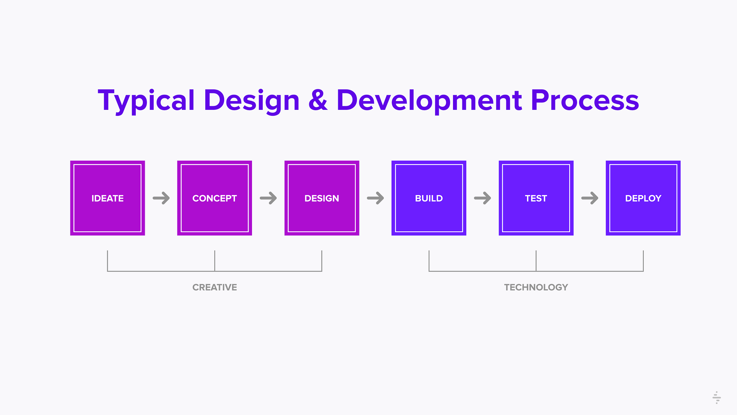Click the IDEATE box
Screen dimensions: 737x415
point(108,198)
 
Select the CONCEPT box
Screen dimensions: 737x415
point(215,198)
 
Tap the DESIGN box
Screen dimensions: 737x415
point(322,198)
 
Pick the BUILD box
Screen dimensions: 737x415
point(429,198)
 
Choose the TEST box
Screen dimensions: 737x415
point(536,198)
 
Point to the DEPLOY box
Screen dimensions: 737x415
point(643,198)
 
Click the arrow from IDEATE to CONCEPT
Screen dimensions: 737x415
point(161,198)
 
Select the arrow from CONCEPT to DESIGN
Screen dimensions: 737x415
point(268,198)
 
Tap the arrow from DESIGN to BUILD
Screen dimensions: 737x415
point(375,198)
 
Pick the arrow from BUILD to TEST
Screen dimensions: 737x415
point(483,198)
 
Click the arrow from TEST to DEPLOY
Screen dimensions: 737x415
point(590,198)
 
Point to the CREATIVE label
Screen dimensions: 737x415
point(215,287)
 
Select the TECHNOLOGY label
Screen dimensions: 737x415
point(536,287)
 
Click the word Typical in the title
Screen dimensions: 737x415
point(146,101)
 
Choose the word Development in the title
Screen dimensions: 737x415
point(429,101)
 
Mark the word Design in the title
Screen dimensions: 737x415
point(252,101)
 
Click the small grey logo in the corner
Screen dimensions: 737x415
point(717,397)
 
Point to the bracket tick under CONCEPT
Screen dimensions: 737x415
point(215,261)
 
